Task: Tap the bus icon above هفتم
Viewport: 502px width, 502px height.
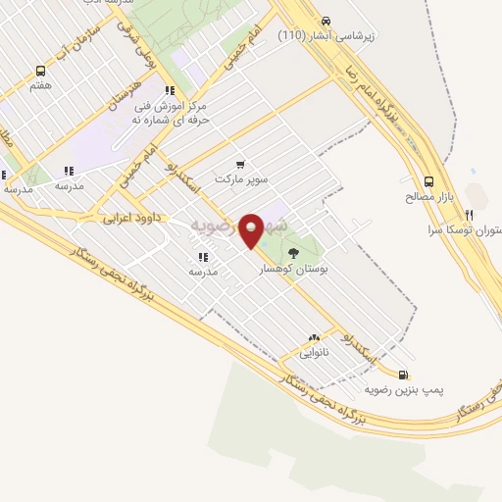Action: pyautogui.click(x=40, y=71)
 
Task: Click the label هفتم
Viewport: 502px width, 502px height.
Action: pyautogui.click(x=40, y=86)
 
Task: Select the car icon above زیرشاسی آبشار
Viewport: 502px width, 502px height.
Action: pyautogui.click(x=326, y=21)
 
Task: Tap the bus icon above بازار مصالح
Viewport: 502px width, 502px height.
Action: pyautogui.click(x=428, y=181)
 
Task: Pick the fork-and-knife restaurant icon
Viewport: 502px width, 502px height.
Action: pyautogui.click(x=469, y=215)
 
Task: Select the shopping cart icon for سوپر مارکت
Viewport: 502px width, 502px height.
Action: pyautogui.click(x=240, y=166)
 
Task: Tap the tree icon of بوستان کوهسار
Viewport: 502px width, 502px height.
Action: pyautogui.click(x=293, y=253)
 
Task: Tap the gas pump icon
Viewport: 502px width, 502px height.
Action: pyautogui.click(x=403, y=375)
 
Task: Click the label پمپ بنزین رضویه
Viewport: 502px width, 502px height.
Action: pyautogui.click(x=404, y=390)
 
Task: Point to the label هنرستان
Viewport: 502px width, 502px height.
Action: pyautogui.click(x=125, y=101)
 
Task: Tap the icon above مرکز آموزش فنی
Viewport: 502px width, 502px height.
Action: pyautogui.click(x=170, y=90)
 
